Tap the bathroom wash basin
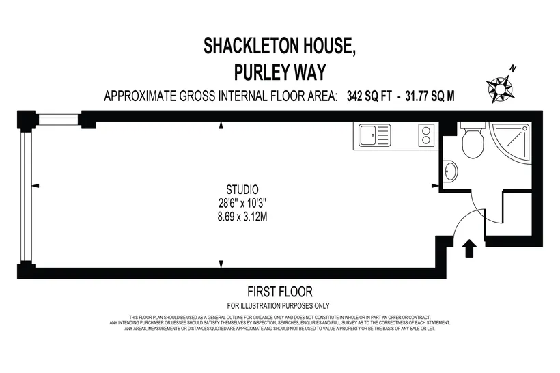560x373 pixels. (450, 171)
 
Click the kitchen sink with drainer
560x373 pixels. (375, 135)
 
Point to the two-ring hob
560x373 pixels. (426, 135)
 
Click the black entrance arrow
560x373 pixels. (469, 248)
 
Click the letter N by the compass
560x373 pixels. (513, 68)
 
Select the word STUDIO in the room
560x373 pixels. (242, 189)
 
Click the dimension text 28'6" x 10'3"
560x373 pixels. (242, 203)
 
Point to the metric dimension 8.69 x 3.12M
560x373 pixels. (242, 217)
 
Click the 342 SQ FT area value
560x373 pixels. (369, 96)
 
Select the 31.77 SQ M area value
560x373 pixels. (430, 96)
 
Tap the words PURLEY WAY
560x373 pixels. (280, 72)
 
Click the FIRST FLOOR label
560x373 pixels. (280, 292)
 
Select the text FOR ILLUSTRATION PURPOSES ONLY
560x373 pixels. (278, 306)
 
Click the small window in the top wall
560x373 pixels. (58, 120)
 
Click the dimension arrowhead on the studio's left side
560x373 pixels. (36, 186)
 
